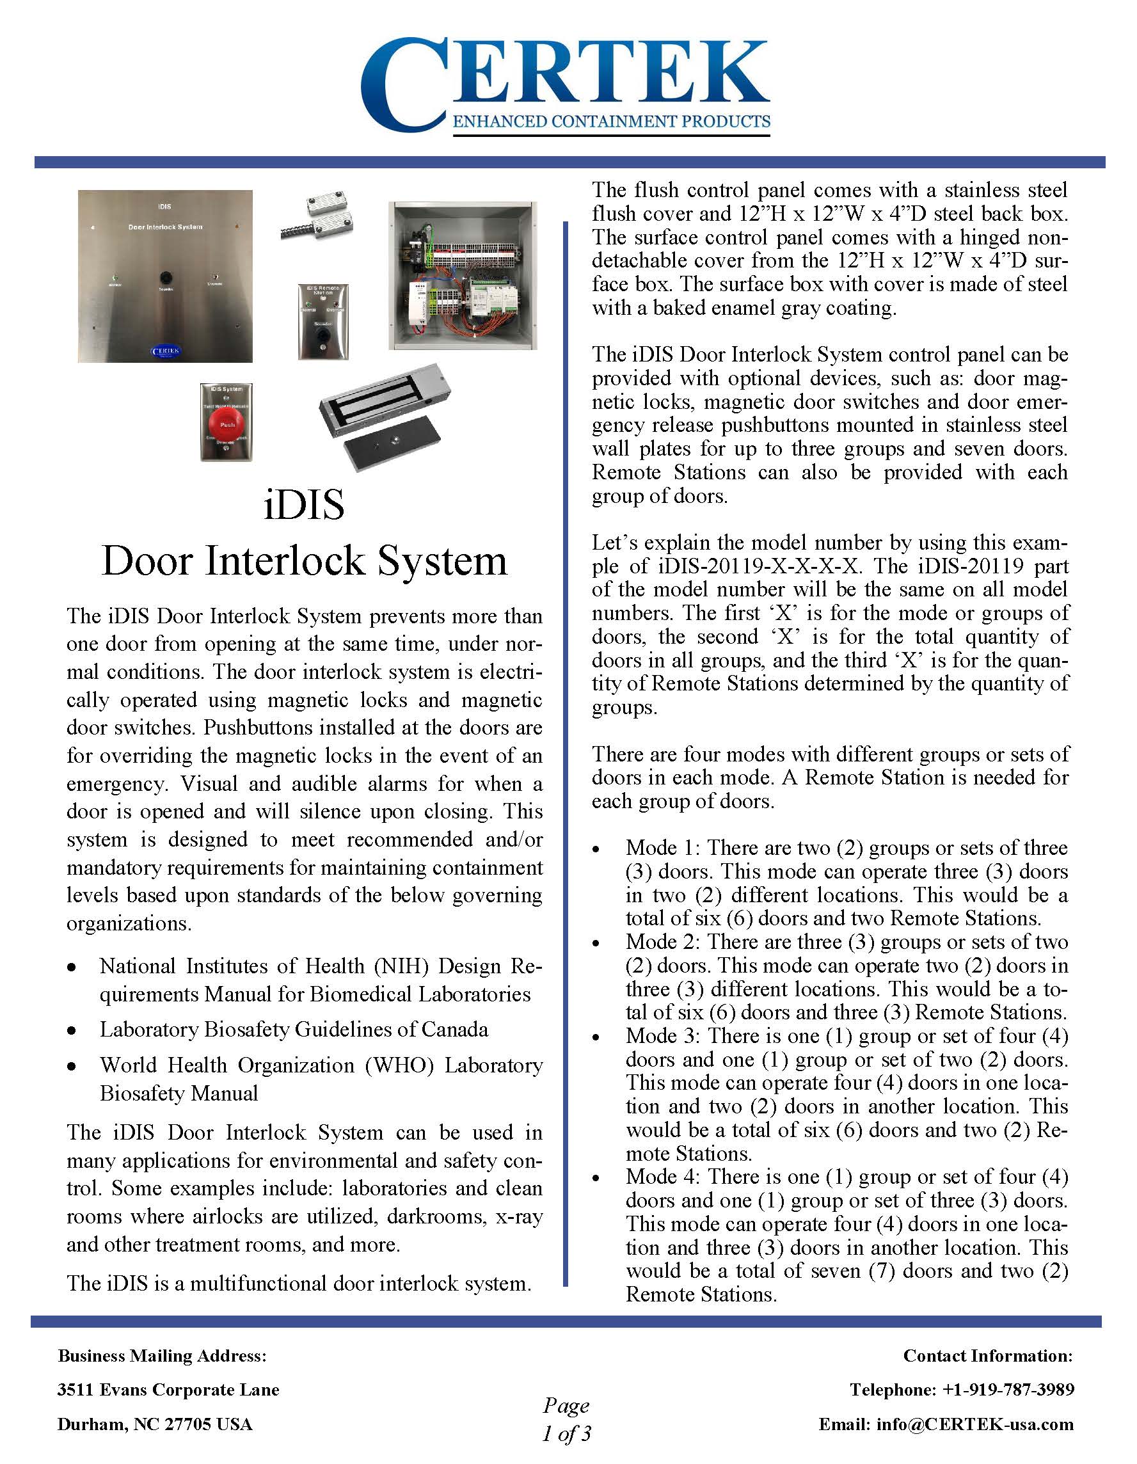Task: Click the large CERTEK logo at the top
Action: [564, 84]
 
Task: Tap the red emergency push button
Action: [227, 423]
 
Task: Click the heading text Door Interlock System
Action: [304, 561]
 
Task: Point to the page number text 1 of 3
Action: [566, 1434]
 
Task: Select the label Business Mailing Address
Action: [163, 1355]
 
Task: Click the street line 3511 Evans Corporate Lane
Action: [168, 1390]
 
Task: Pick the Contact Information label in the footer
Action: [987, 1355]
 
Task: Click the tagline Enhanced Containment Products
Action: [612, 122]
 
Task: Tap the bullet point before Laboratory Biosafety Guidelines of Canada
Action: [71, 1031]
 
